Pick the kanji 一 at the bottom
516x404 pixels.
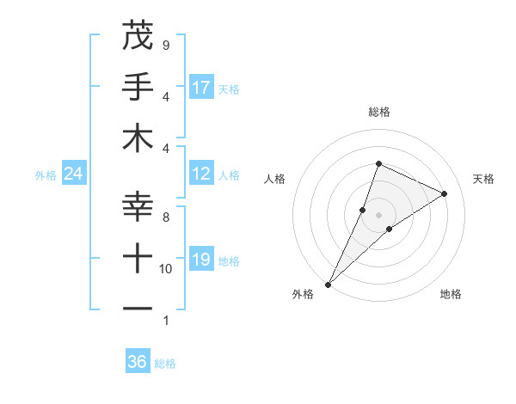138,308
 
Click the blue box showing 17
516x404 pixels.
201,88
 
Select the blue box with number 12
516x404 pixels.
201,174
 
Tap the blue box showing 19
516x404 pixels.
201,260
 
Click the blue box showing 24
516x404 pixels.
74,174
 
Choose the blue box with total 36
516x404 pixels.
138,362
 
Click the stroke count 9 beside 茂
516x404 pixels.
165,45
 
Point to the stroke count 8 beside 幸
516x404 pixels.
165,217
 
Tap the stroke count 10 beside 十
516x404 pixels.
165,269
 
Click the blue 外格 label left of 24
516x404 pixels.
46,175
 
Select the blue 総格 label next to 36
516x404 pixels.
165,364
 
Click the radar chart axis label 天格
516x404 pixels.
483,179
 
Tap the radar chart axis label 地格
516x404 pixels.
451,294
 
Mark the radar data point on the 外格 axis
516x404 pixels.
328,284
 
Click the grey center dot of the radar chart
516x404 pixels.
378,215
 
